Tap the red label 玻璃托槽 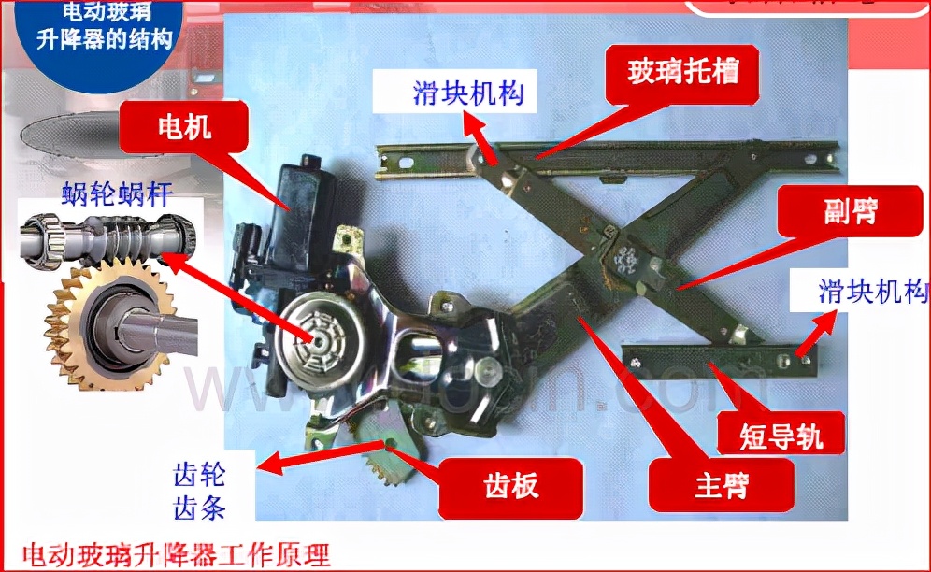[x=682, y=72]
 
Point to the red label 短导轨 [x=781, y=433]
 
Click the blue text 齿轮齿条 [x=199, y=493]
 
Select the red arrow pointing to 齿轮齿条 [x=322, y=458]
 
